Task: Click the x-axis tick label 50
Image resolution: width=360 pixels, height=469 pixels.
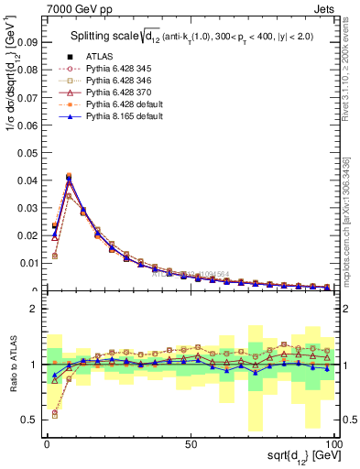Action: pyautogui.click(x=190, y=443)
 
